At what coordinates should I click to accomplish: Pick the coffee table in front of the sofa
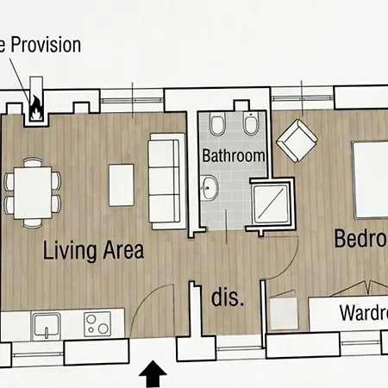pos(122,184)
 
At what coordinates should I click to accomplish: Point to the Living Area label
pos(94,251)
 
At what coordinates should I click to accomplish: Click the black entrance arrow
pos(153,374)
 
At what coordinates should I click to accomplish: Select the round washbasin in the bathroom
pos(210,186)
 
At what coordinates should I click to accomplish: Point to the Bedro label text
pos(360,239)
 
